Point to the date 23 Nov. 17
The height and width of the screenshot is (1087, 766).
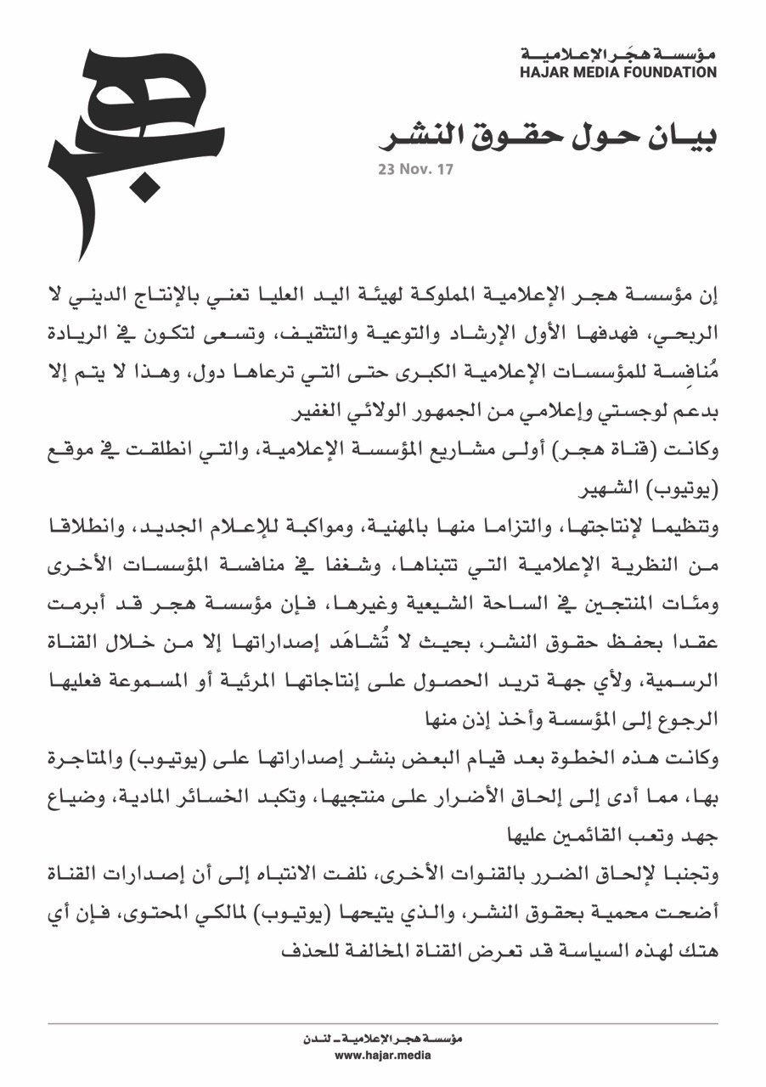click(x=416, y=169)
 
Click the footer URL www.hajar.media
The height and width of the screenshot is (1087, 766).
click(x=382, y=1056)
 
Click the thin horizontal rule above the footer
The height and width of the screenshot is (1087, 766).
click(x=382, y=1024)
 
